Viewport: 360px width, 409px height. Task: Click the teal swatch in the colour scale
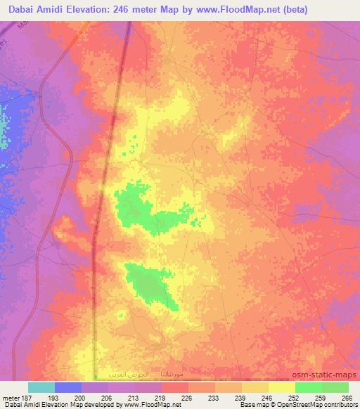click(41, 387)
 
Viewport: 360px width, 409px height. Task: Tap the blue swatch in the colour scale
click(68, 387)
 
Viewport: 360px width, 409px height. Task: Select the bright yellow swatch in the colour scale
click(281, 387)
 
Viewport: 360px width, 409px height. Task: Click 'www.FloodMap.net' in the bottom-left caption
click(151, 405)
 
